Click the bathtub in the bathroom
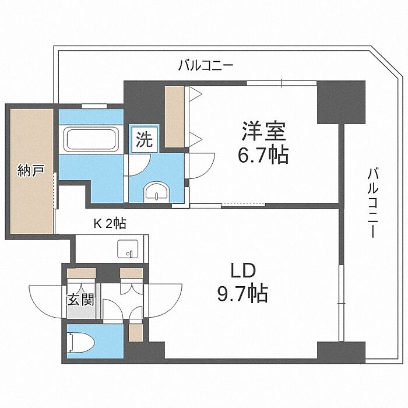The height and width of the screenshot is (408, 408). [x=92, y=139]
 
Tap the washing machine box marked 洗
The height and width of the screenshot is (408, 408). [x=145, y=139]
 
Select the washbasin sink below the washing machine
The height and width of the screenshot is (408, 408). [x=157, y=191]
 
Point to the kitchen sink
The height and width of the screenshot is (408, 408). [x=128, y=249]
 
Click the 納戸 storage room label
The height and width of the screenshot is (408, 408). [x=31, y=170]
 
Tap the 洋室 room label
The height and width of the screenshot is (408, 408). [x=264, y=131]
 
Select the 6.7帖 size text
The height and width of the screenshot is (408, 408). [x=263, y=156]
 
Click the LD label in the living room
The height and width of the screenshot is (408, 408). [x=243, y=271]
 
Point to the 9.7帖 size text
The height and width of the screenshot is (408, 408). [x=243, y=293]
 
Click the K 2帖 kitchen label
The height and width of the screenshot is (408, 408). [x=110, y=223]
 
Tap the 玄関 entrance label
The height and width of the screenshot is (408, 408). [x=80, y=300]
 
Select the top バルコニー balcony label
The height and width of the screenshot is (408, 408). [x=206, y=65]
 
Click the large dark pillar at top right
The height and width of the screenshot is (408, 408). [x=341, y=102]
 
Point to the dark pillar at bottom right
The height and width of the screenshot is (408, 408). [x=341, y=353]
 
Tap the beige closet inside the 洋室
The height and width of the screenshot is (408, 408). [x=175, y=117]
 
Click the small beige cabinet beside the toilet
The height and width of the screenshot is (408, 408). [x=136, y=333]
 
